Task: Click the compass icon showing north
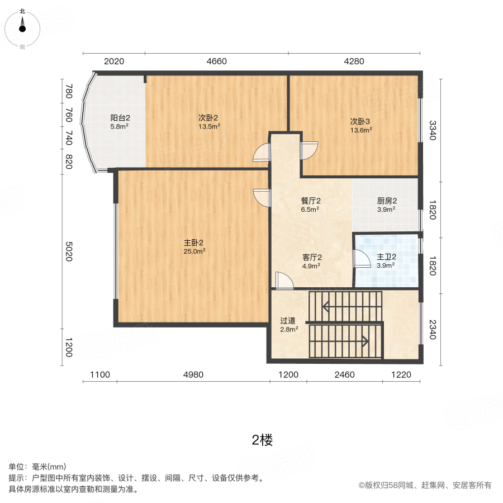click(22, 25)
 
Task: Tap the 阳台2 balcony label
click(120, 118)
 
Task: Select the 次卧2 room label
click(208, 118)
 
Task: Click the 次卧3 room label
click(360, 121)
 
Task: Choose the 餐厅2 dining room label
click(310, 201)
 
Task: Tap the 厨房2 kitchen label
click(386, 201)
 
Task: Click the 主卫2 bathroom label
click(386, 257)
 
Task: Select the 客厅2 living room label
click(312, 258)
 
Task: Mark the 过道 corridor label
click(288, 321)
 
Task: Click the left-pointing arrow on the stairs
click(327, 306)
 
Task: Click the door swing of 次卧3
click(309, 150)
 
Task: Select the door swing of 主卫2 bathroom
click(362, 259)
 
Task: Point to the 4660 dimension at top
click(216, 61)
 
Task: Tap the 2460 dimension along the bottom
click(344, 374)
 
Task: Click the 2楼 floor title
click(262, 440)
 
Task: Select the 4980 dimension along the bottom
click(193, 374)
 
